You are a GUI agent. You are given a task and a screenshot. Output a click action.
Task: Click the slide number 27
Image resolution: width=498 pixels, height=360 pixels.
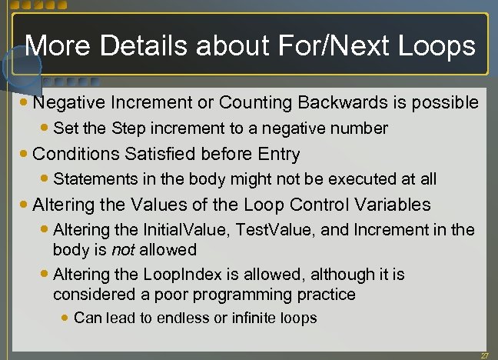point(484,355)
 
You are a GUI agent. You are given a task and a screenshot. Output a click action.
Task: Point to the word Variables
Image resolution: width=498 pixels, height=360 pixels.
point(387,205)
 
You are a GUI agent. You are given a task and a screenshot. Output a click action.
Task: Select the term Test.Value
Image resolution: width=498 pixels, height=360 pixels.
point(271,229)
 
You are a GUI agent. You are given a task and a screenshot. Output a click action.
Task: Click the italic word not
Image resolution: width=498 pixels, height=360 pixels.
point(121,249)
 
